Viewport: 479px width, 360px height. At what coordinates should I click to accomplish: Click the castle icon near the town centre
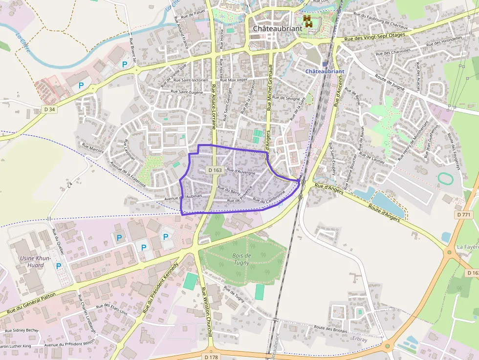coord(308,21)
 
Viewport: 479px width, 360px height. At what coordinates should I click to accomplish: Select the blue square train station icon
coord(325,64)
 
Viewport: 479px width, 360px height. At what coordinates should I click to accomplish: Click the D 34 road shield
coord(49,109)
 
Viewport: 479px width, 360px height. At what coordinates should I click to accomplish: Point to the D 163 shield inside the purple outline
coord(215,170)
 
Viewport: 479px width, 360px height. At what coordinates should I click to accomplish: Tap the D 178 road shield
coord(211,357)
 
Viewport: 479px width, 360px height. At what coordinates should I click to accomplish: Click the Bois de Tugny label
coord(241,259)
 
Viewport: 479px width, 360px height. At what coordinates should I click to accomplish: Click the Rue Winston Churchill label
coord(206,313)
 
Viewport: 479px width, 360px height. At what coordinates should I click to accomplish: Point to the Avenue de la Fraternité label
coord(128,175)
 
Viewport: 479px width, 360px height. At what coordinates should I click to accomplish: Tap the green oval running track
coord(445,179)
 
